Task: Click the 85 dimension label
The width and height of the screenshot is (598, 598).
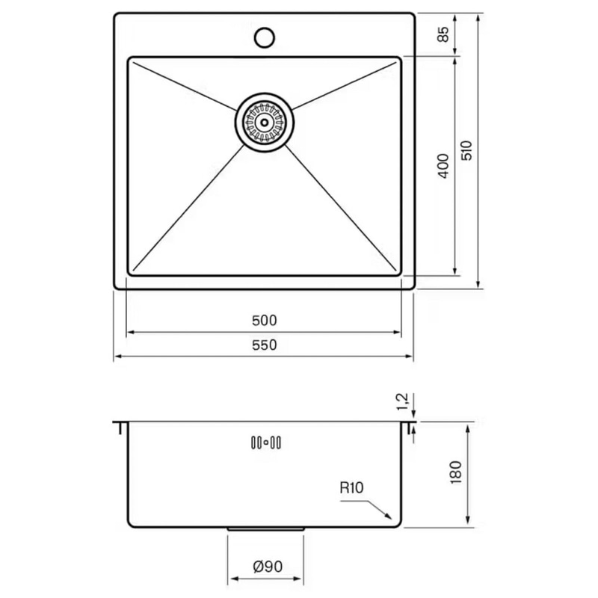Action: (x=443, y=34)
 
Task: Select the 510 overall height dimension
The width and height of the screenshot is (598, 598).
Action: (x=466, y=150)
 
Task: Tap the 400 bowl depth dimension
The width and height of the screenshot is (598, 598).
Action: (x=443, y=165)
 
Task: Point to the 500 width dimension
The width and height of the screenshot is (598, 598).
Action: (x=265, y=321)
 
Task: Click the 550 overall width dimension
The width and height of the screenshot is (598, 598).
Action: (x=265, y=345)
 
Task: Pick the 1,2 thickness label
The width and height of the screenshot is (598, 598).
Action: (x=403, y=401)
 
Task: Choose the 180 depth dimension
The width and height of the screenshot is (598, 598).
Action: (x=456, y=472)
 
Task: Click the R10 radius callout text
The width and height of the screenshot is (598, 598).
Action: (x=351, y=488)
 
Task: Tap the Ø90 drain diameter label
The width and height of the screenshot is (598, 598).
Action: (x=268, y=567)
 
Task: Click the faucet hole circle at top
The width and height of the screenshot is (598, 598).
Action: (x=265, y=37)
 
